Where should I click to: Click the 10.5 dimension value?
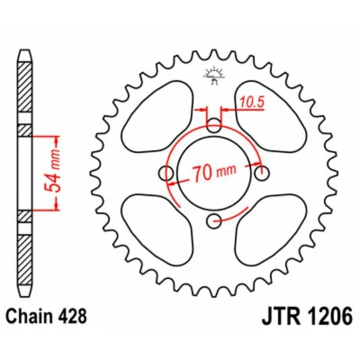(252, 103)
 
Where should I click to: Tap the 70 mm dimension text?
(214, 173)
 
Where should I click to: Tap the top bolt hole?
(214, 125)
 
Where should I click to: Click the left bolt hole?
(166, 173)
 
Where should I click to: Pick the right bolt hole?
(262, 173)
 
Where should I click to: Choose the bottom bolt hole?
(214, 221)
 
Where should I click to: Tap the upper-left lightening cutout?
(157, 114)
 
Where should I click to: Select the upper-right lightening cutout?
(271, 114)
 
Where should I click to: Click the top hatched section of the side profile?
(25, 87)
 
